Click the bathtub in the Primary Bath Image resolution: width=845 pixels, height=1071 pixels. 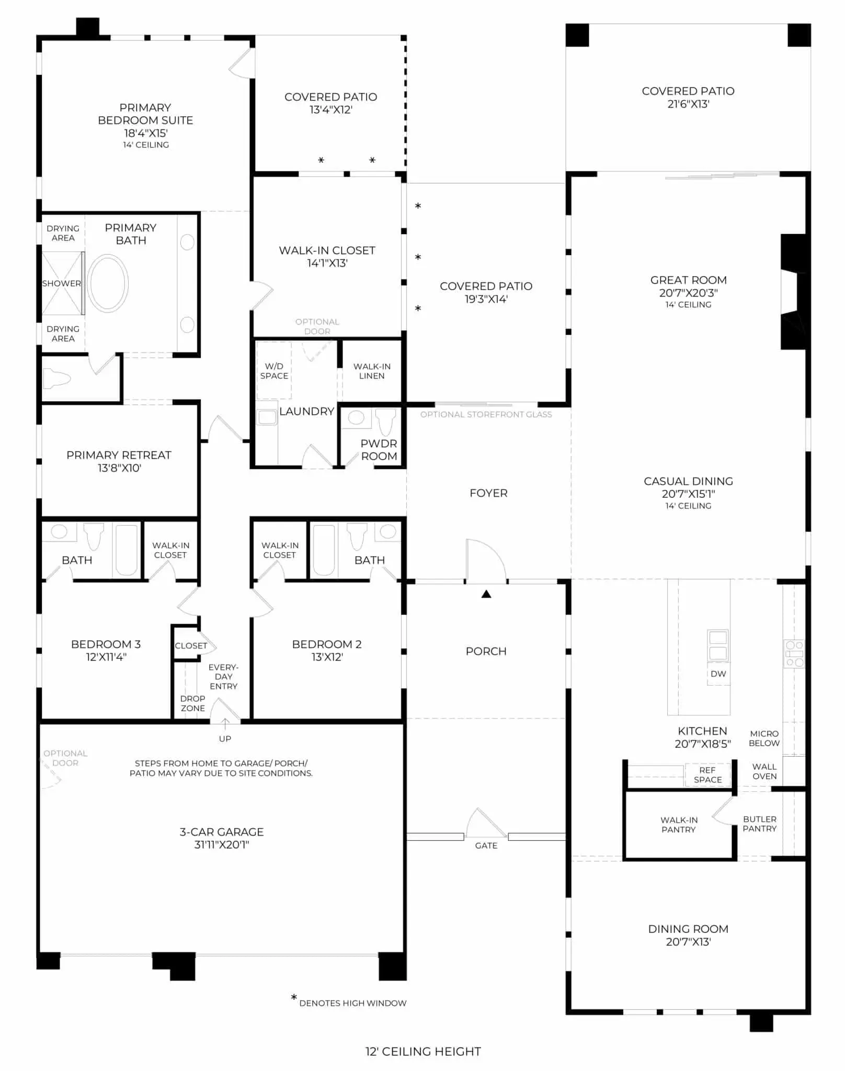pyautogui.click(x=108, y=283)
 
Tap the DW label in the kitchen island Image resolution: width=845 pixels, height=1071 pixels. pyautogui.click(x=718, y=674)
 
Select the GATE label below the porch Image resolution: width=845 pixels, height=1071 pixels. pyautogui.click(x=486, y=846)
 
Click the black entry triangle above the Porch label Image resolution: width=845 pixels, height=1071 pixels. pyautogui.click(x=486, y=594)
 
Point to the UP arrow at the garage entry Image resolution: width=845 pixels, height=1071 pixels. pyautogui.click(x=225, y=724)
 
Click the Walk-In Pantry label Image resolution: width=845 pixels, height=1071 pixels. pyautogui.click(x=679, y=825)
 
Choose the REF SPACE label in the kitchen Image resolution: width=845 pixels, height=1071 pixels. pyautogui.click(x=707, y=775)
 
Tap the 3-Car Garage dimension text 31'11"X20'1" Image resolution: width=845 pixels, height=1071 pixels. pyautogui.click(x=222, y=845)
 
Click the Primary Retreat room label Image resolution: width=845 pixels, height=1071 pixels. pyautogui.click(x=119, y=455)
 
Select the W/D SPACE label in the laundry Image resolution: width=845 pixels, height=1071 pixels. pyautogui.click(x=274, y=371)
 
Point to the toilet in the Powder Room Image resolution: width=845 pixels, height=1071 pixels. pyautogui.click(x=386, y=421)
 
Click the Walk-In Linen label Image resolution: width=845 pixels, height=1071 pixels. pyautogui.click(x=372, y=371)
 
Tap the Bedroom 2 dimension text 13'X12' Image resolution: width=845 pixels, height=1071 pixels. pyautogui.click(x=327, y=657)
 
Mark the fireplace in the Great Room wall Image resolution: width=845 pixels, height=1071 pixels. pyautogui.click(x=794, y=292)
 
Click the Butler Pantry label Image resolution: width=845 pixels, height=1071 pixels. pyautogui.click(x=760, y=824)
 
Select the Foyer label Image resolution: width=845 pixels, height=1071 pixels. pyautogui.click(x=488, y=493)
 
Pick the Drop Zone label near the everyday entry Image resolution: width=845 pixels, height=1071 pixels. pyautogui.click(x=192, y=703)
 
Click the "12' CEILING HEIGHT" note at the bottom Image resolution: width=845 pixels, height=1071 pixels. pyautogui.click(x=423, y=1052)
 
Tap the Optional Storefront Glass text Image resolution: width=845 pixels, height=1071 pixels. pyautogui.click(x=486, y=414)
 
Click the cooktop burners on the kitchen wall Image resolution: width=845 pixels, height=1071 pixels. pyautogui.click(x=794, y=654)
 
